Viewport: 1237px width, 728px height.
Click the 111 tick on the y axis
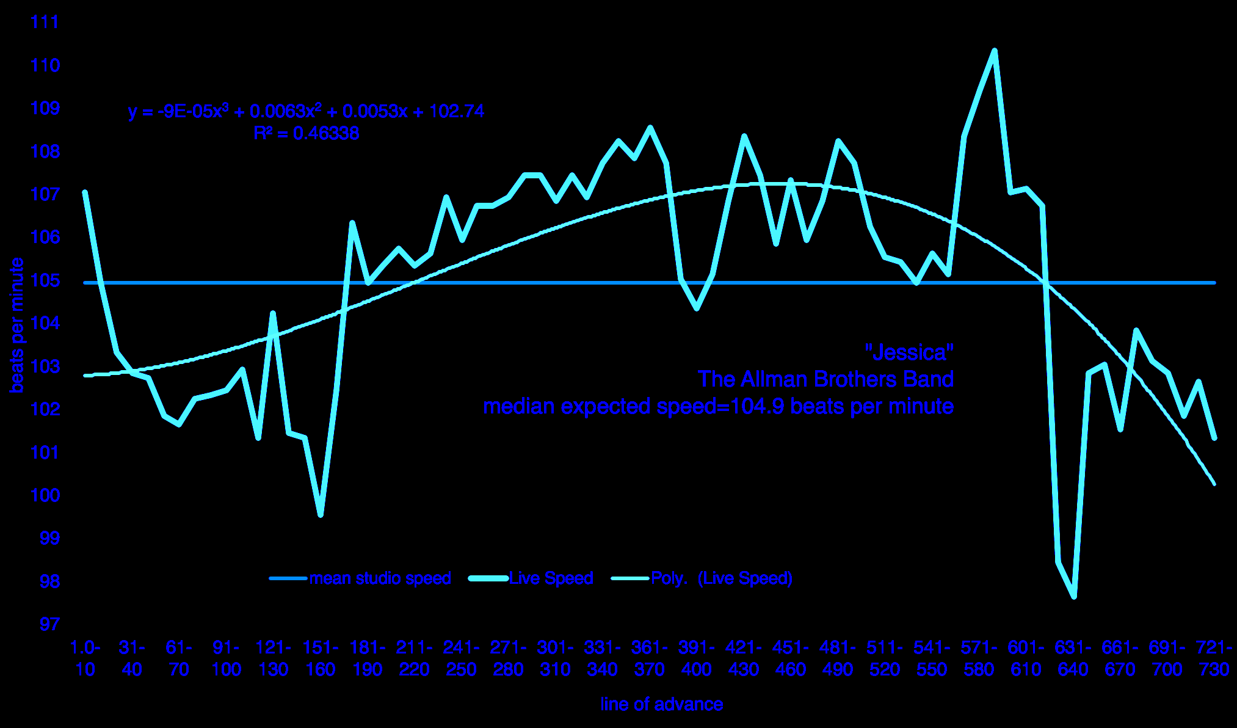coord(45,22)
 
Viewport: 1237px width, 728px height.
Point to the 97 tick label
coord(49,624)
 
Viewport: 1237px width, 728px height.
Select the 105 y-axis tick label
coord(45,280)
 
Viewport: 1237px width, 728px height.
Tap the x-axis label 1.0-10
coord(85,658)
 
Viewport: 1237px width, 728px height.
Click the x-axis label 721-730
coord(1214,658)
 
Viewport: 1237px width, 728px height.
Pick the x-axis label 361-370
coord(650,658)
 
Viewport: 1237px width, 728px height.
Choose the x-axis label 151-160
coord(321,658)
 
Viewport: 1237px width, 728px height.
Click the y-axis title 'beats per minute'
coord(17,325)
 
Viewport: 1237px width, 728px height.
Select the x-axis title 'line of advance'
coord(661,704)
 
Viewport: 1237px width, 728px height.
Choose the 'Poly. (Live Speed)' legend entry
coord(721,578)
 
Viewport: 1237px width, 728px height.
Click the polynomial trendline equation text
coord(306,111)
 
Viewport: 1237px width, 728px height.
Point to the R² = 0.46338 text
coord(306,133)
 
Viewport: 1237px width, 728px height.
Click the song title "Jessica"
coord(909,352)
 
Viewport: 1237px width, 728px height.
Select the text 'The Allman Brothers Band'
coord(825,379)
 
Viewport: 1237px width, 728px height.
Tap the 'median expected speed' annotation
coord(718,406)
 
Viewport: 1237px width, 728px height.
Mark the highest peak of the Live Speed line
coord(995,51)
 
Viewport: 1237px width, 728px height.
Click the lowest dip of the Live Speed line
coord(1074,597)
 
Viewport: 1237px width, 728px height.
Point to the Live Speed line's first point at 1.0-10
coord(85,192)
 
